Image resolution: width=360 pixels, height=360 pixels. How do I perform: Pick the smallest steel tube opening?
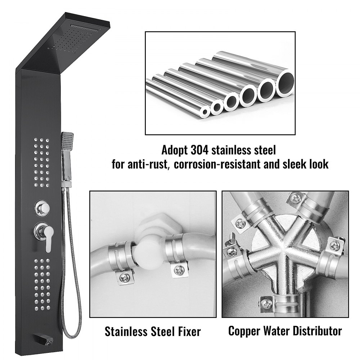point(205,112)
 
